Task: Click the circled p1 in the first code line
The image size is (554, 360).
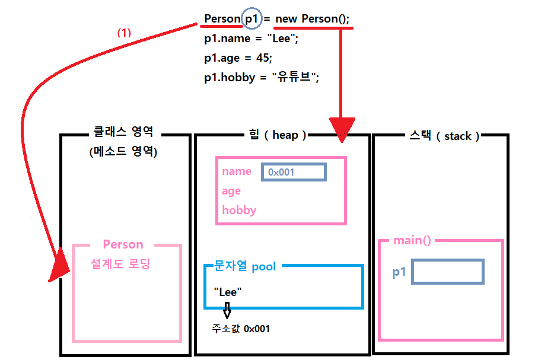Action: click(251, 18)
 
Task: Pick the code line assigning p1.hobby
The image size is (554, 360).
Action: click(262, 78)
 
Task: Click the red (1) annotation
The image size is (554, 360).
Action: click(123, 33)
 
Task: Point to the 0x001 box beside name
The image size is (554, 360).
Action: click(294, 172)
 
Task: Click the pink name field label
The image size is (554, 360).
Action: click(237, 171)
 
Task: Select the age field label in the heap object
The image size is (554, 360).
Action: click(231, 190)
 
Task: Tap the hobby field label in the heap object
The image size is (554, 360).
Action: click(239, 210)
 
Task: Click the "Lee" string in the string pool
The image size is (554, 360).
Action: click(228, 292)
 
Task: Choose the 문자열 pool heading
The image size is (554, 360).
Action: click(245, 266)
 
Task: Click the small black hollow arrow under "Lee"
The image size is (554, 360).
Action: click(227, 310)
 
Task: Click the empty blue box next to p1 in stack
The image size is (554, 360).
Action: click(448, 272)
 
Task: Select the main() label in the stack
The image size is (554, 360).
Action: click(412, 240)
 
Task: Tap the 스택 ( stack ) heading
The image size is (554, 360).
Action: click(444, 136)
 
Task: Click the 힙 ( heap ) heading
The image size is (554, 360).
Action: click(278, 135)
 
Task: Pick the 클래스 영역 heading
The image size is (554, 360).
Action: click(123, 133)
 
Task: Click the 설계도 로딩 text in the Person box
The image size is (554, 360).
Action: click(120, 264)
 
